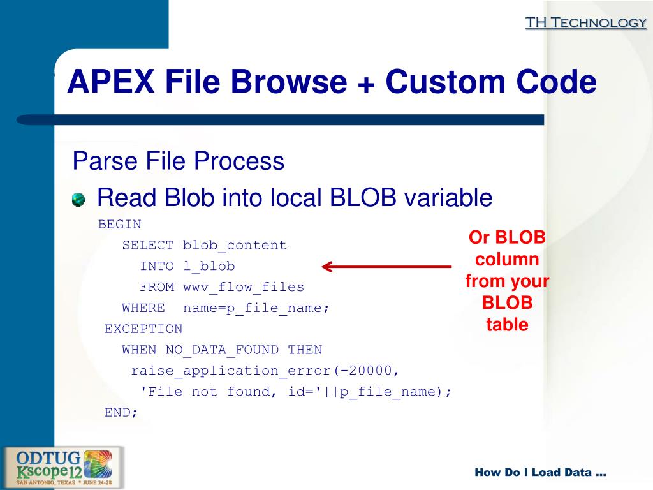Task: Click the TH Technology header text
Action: click(x=585, y=23)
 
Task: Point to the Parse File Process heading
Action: click(x=179, y=161)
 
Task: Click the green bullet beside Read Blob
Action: click(x=78, y=200)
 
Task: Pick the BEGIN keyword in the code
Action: click(x=119, y=225)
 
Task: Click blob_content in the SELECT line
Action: click(x=235, y=245)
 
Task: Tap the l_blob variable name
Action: click(x=209, y=266)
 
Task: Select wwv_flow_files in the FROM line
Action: click(x=244, y=287)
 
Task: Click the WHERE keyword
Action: click(x=143, y=308)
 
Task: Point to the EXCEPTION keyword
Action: click(x=143, y=329)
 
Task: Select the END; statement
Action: click(x=121, y=412)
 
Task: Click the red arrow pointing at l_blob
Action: click(x=386, y=266)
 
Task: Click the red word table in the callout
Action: click(x=507, y=325)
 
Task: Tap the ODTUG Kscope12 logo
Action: click(x=63, y=468)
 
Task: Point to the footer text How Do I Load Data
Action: click(x=540, y=473)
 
